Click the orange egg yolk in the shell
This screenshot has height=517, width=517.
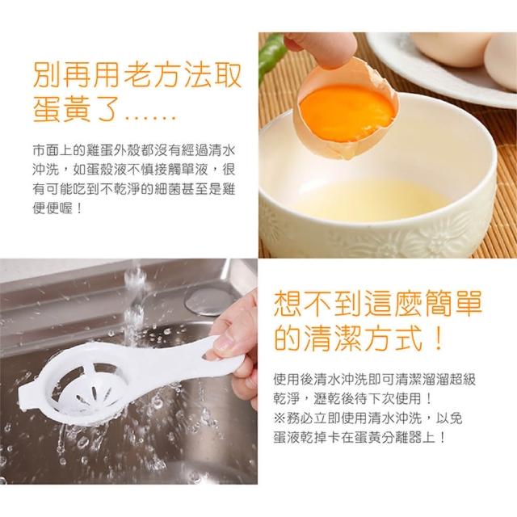point(347,113)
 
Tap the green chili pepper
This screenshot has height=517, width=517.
point(271,54)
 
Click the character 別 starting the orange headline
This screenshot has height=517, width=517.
point(47,76)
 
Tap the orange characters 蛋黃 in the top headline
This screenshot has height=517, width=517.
point(61,109)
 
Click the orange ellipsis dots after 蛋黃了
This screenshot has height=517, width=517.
point(150,117)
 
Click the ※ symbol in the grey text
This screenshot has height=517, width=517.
point(280,418)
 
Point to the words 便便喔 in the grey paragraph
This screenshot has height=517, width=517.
point(53,208)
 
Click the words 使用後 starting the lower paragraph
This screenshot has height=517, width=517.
point(293,379)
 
